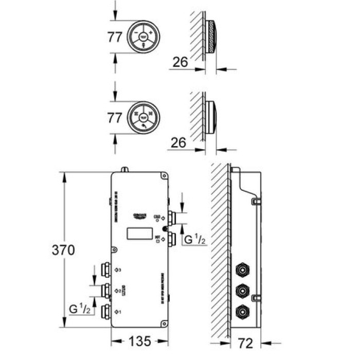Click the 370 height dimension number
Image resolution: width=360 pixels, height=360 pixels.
coord(64,250)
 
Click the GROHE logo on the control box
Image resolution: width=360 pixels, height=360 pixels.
coord(140,215)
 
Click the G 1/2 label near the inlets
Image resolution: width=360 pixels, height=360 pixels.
coord(194,240)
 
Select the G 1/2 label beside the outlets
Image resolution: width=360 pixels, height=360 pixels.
coord(80,310)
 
